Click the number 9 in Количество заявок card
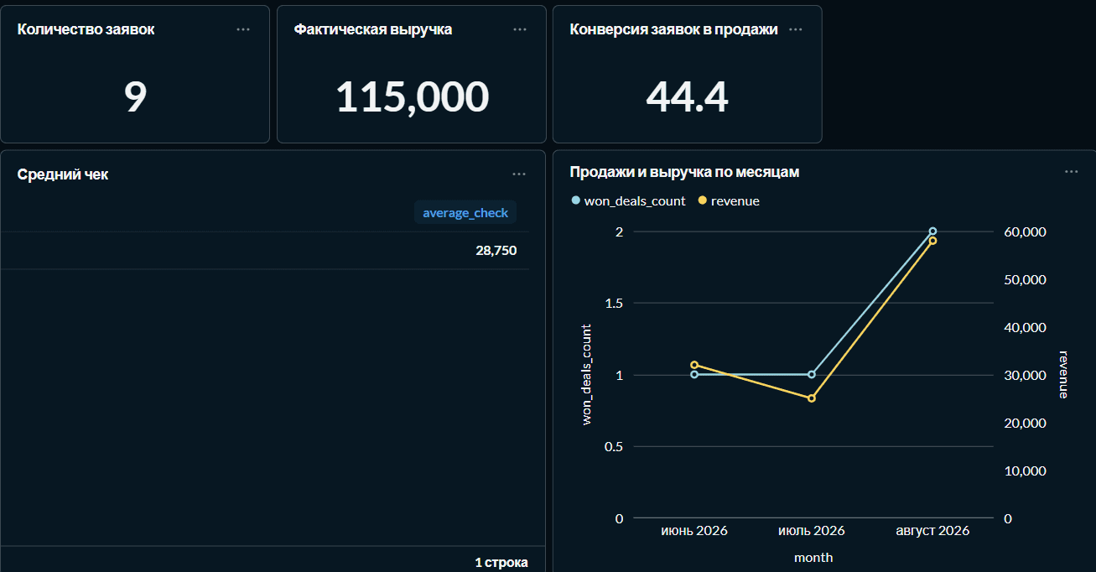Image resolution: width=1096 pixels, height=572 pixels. [135, 96]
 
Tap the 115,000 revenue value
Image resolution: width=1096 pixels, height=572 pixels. [412, 97]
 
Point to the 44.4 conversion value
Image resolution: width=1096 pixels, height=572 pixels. [687, 97]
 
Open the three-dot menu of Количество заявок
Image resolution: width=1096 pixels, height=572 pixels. [243, 30]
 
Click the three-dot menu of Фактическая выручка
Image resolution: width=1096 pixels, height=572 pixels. [520, 30]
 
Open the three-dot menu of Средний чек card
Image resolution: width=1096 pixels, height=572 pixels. [519, 174]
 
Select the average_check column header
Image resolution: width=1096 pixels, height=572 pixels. [465, 213]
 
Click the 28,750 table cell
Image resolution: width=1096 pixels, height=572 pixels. [496, 251]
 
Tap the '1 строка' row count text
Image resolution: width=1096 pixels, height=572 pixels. [501, 562]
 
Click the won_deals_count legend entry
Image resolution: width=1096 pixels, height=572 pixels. [629, 201]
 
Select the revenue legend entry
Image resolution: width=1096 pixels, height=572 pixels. [729, 201]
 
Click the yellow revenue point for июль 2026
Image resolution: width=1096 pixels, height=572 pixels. [812, 398]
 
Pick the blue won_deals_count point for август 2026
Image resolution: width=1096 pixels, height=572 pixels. [933, 231]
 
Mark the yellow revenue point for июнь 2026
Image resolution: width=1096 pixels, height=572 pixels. [694, 365]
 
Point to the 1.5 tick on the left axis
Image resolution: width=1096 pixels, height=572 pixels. [614, 304]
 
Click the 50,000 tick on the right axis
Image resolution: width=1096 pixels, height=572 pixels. [1025, 279]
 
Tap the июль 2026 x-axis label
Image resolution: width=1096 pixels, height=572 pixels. [812, 530]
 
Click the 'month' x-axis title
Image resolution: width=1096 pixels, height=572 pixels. [813, 557]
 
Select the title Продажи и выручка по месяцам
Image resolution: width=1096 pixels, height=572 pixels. [684, 172]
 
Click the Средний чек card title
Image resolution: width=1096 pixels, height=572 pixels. [63, 174]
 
